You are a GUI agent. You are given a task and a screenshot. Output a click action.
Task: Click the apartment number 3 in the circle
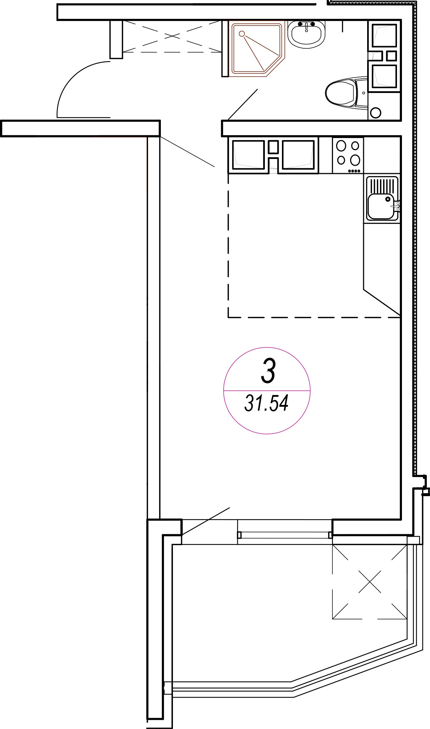click(268, 371)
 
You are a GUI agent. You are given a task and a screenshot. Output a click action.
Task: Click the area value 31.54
click(266, 403)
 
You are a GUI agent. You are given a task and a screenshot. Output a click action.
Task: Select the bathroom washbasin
click(306, 34)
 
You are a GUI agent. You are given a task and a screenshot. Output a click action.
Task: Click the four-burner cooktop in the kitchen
click(348, 155)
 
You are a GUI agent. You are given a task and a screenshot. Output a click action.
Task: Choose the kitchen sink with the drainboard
click(382, 198)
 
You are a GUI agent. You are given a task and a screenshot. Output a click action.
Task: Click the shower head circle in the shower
click(242, 34)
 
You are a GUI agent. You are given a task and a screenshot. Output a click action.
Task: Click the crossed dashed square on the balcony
click(370, 582)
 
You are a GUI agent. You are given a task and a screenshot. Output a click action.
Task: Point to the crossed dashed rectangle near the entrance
click(172, 36)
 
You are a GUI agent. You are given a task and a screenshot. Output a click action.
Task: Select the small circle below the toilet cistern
click(375, 113)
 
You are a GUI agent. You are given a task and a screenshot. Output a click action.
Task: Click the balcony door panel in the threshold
click(285, 535)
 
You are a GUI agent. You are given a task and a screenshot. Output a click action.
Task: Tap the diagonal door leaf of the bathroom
click(243, 104)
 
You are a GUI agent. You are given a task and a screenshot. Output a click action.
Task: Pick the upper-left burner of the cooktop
click(341, 146)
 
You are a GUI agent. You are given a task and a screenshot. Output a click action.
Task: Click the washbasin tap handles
click(306, 24)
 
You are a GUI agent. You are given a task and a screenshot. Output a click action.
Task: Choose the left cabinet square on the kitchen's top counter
click(249, 155)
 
